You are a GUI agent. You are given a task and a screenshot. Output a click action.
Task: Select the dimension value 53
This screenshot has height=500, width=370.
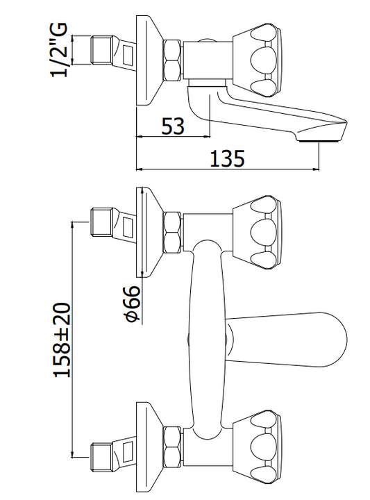point(173,126)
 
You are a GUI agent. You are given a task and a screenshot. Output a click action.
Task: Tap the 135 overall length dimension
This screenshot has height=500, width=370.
point(227,158)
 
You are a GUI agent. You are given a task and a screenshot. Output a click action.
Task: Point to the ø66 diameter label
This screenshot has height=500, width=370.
point(133,303)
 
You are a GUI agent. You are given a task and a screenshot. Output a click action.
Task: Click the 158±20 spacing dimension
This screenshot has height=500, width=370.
point(62,340)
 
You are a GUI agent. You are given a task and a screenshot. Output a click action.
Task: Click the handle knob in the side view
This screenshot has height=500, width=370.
point(258,60)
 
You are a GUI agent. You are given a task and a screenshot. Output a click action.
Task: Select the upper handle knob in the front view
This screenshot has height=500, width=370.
point(258,233)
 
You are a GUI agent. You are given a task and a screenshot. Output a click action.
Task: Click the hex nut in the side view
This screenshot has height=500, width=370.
point(172,60)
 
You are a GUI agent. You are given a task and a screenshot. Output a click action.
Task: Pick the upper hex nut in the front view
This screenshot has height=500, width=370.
point(172,233)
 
